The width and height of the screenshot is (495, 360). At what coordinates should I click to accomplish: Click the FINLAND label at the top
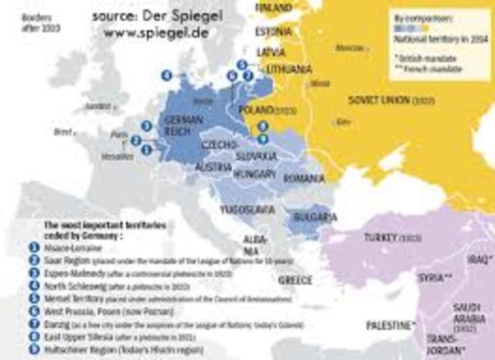[x=274, y=8]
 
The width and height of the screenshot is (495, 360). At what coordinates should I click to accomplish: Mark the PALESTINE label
[x=391, y=324]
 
